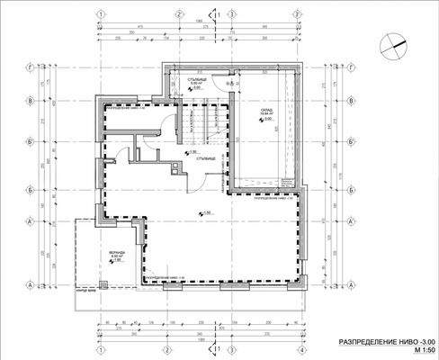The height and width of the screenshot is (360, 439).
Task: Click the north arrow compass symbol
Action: pyautogui.click(x=392, y=40)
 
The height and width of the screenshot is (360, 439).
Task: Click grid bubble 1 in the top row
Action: pyautogui.click(x=103, y=13)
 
